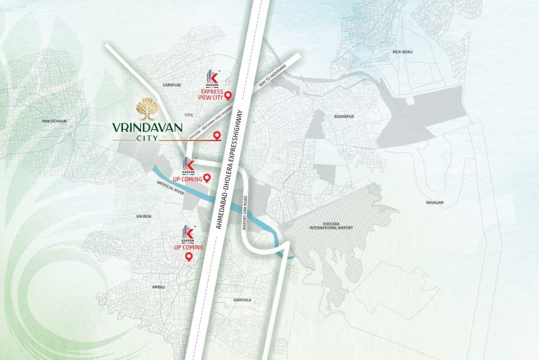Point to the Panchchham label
[54, 120]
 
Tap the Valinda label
[144, 216]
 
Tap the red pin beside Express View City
[228, 95]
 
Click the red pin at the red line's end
[217, 136]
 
